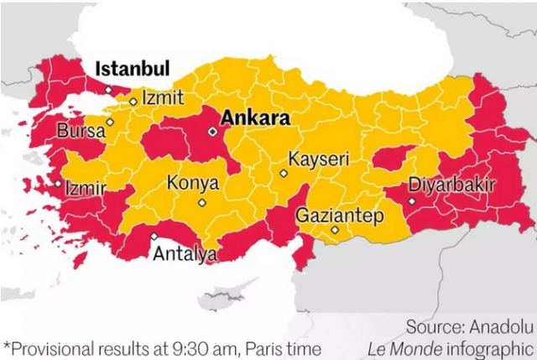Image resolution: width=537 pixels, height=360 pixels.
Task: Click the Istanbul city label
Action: (132, 68)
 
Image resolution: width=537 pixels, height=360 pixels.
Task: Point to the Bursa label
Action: (81, 131)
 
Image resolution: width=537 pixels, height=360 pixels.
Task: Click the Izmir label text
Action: (86, 188)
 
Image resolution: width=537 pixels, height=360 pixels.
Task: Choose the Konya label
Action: (193, 183)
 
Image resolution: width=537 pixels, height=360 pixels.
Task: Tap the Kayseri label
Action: (318, 159)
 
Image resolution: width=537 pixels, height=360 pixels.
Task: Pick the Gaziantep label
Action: (339, 216)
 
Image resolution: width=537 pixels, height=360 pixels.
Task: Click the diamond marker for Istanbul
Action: (107, 90)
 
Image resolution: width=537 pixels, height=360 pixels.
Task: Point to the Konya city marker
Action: (201, 202)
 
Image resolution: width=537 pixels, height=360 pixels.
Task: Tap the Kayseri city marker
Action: (284, 174)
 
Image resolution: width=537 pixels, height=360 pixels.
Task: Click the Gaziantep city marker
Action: (334, 230)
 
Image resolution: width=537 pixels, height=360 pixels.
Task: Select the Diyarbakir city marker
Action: (411, 201)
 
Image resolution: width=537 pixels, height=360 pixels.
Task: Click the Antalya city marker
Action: (153, 237)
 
